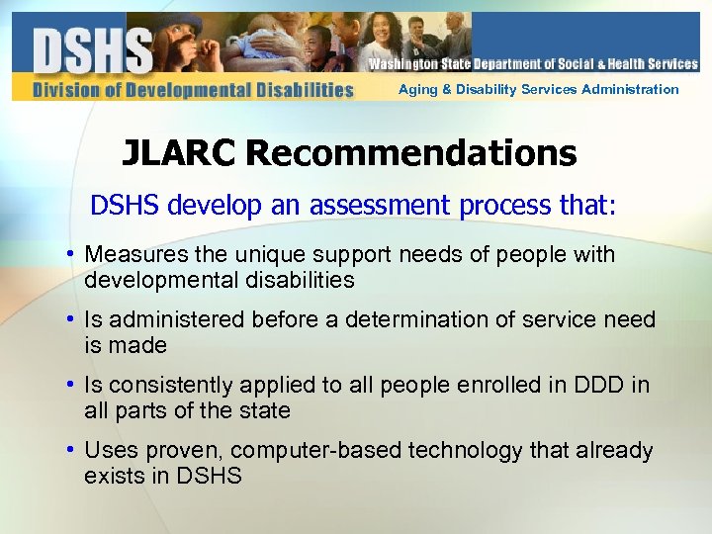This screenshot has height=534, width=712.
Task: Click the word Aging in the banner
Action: coord(415,89)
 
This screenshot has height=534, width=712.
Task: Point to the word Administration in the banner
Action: coord(630,89)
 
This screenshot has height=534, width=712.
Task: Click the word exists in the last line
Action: coord(112,476)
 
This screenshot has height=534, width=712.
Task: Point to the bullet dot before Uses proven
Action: coord(72,451)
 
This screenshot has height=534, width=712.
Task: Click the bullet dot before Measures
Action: coord(72,255)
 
